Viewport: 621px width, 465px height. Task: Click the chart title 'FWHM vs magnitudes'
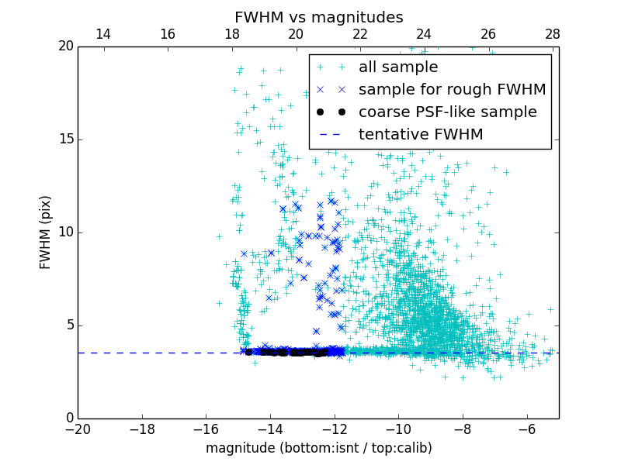click(x=318, y=17)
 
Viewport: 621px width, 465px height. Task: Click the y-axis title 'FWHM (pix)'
click(x=46, y=232)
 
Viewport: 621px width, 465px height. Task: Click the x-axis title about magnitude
click(x=318, y=448)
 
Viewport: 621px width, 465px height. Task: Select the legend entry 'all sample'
click(x=397, y=67)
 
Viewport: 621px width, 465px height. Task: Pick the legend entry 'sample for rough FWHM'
click(x=452, y=90)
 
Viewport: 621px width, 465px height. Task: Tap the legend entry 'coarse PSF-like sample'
click(x=447, y=112)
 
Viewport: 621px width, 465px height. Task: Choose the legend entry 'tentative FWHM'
click(x=420, y=135)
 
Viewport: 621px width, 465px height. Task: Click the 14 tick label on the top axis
click(x=102, y=34)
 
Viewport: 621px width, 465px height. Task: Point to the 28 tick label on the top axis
click(x=552, y=34)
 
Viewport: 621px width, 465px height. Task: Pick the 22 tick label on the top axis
click(x=359, y=34)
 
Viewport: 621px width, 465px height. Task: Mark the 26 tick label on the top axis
click(x=487, y=34)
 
